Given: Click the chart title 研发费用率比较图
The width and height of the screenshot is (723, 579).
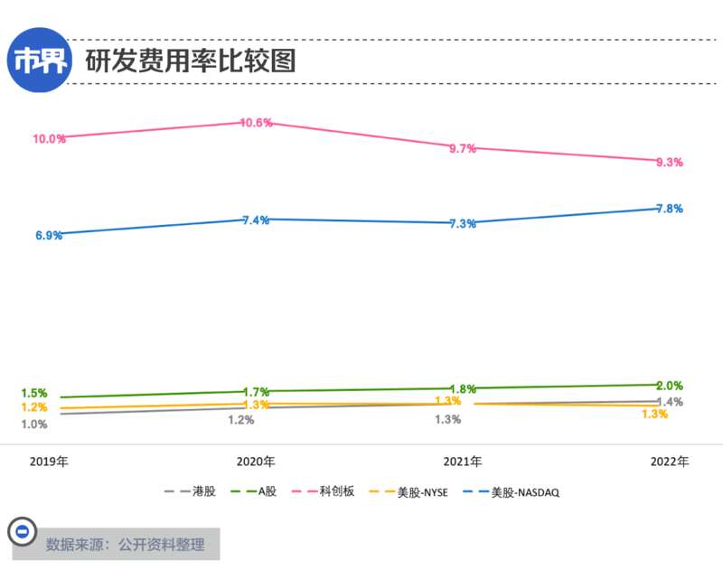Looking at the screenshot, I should [x=191, y=61].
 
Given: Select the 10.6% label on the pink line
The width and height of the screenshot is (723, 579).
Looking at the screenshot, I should [x=257, y=123].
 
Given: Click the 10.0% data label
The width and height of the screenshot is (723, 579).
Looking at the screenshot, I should [x=49, y=139].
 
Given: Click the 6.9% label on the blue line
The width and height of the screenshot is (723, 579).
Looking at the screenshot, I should [x=49, y=236].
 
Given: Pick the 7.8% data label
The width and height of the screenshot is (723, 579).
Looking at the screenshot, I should [x=669, y=209].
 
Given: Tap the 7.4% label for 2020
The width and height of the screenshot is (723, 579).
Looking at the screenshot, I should [x=256, y=220].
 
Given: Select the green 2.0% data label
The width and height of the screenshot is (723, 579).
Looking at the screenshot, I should [x=669, y=386].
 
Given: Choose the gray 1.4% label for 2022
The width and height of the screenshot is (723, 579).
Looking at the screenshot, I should [x=670, y=402].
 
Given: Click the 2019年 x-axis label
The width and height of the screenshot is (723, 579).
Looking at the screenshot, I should [x=49, y=462].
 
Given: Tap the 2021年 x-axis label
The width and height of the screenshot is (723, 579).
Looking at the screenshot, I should [x=462, y=462].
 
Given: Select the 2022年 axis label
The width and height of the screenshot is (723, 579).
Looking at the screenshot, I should [x=670, y=462].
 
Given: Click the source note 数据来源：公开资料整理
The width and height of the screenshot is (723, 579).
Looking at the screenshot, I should [x=126, y=545].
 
